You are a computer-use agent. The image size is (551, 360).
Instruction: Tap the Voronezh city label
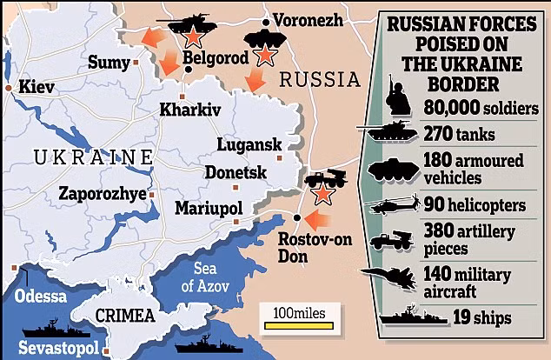tap(308, 19)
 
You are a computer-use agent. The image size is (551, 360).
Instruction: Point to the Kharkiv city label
tap(190, 110)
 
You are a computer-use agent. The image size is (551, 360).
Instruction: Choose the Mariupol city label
tap(208, 209)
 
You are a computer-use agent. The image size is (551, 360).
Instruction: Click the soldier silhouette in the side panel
tap(397, 97)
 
